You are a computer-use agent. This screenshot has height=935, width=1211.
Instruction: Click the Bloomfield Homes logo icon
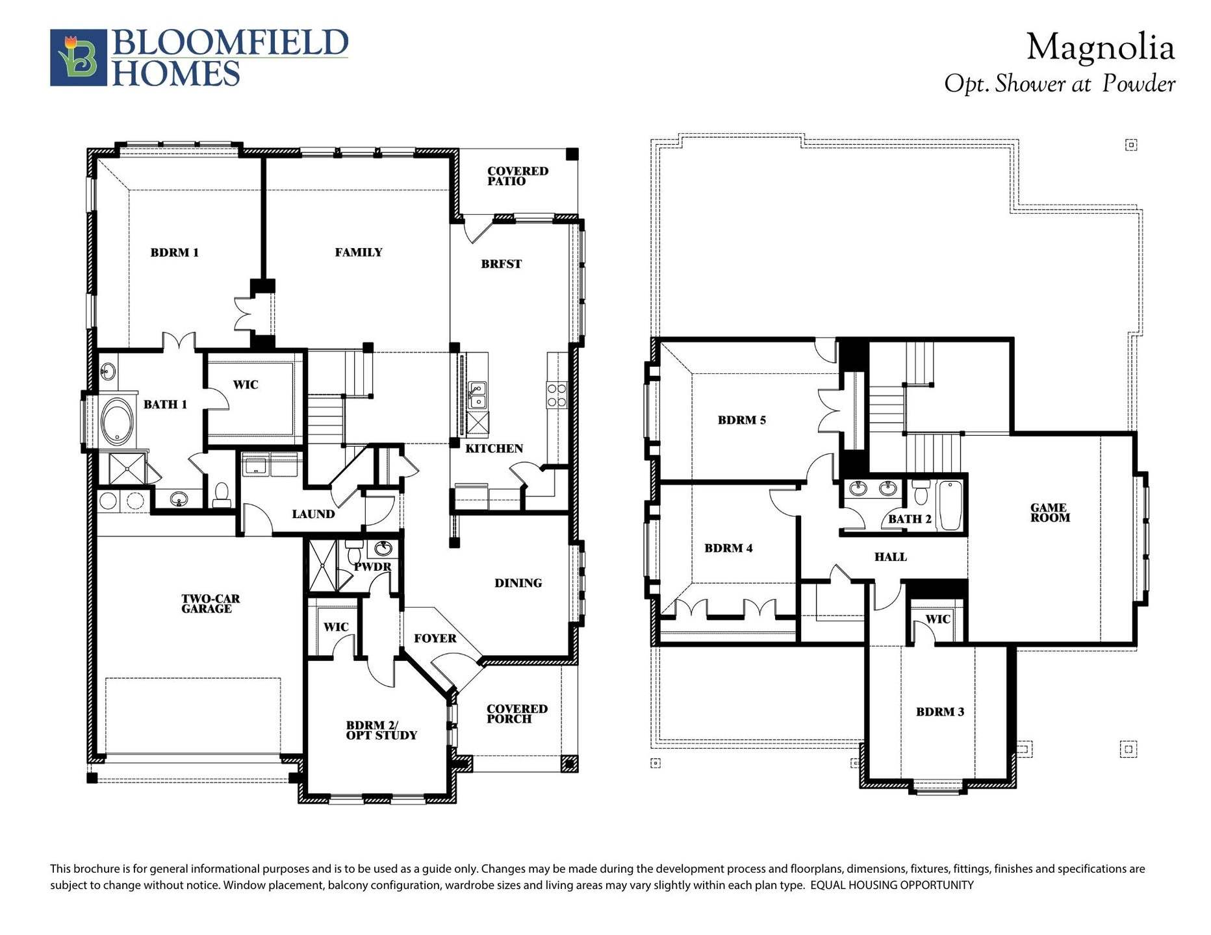[79, 57]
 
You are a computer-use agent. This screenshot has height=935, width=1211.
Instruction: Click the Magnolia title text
[1100, 48]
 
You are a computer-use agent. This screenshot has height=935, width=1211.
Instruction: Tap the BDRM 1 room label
[174, 253]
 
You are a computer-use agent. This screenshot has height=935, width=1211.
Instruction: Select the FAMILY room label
[359, 253]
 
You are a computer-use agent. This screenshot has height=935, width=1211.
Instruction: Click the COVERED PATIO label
[517, 176]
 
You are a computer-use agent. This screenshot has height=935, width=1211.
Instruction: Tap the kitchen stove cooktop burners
[557, 395]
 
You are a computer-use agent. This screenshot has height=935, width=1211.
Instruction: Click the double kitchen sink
[478, 394]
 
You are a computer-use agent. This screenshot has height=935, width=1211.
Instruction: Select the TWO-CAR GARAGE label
[207, 604]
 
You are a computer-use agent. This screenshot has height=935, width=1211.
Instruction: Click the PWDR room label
[373, 567]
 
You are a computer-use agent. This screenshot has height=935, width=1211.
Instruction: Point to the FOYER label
[435, 639]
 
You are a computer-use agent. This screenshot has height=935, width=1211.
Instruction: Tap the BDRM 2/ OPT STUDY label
[381, 730]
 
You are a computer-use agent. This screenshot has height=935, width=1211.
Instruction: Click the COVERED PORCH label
[516, 714]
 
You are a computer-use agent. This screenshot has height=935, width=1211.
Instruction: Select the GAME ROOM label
[1050, 513]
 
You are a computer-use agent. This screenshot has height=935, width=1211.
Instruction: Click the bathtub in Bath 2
[950, 505]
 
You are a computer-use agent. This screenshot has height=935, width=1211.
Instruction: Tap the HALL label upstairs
[890, 557]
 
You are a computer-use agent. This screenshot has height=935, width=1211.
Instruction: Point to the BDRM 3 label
[939, 712]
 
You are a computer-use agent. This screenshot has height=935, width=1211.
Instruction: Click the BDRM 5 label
[741, 420]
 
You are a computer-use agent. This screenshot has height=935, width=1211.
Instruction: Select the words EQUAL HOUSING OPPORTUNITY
[892, 886]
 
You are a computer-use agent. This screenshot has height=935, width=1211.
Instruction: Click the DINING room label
[518, 583]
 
